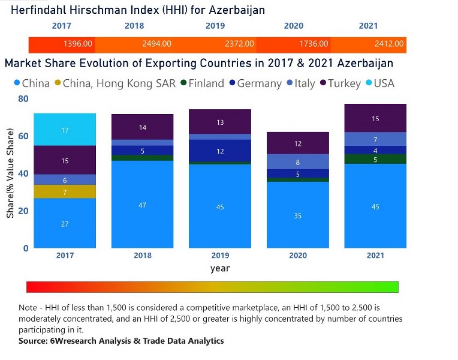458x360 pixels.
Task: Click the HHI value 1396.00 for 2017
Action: click(x=78, y=44)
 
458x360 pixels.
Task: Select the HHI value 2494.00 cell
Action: click(x=156, y=44)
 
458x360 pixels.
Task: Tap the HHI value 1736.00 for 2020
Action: click(x=314, y=44)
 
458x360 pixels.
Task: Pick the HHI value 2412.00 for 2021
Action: click(x=390, y=44)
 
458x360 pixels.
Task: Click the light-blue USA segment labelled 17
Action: click(x=65, y=130)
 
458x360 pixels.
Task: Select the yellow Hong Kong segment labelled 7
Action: click(x=65, y=191)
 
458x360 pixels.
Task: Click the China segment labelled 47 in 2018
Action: click(x=143, y=205)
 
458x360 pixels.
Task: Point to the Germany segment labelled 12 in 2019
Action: click(x=220, y=151)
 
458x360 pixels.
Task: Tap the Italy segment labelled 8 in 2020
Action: click(x=298, y=162)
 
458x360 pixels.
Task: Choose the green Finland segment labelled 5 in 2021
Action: click(x=375, y=159)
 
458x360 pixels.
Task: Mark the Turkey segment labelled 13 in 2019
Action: click(x=220, y=122)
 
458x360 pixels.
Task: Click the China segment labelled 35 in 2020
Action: click(x=298, y=215)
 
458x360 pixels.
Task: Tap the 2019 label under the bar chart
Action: click(x=220, y=256)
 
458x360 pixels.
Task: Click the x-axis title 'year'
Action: click(x=220, y=268)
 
